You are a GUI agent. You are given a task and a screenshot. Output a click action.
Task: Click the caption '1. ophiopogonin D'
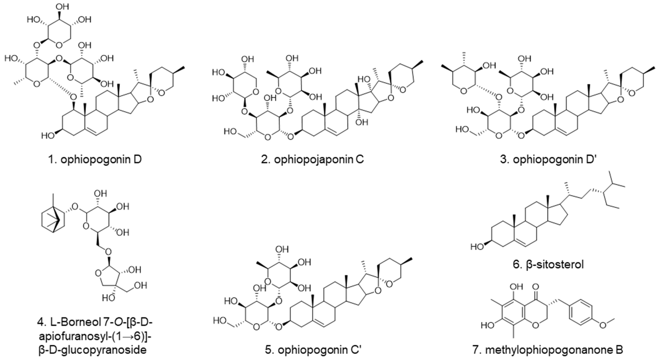(x=95, y=159)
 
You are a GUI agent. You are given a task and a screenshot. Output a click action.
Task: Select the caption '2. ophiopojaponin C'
(x=312, y=159)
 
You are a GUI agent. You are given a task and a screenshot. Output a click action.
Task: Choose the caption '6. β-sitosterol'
(x=548, y=264)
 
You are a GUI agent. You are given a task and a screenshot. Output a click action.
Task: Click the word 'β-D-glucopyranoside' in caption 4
(x=93, y=349)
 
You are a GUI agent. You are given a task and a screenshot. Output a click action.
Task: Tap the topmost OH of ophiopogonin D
(x=62, y=7)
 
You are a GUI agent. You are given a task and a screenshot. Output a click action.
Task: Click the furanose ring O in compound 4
(x=98, y=274)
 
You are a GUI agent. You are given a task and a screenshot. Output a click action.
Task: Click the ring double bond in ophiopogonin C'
(x=320, y=323)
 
